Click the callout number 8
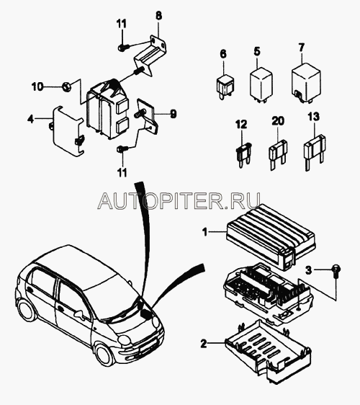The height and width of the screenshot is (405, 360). (x=158, y=16)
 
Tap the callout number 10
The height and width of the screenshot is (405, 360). (x=37, y=86)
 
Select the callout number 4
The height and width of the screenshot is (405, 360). (x=31, y=120)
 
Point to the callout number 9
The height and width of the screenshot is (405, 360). (x=173, y=114)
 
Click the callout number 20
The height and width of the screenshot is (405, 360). (x=278, y=121)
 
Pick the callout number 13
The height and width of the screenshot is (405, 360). (x=313, y=117)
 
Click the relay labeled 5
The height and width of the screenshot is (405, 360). (x=261, y=84)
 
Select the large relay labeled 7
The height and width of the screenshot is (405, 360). (x=306, y=83)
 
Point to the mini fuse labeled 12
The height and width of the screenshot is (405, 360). (x=243, y=154)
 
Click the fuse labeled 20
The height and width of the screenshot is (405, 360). (x=278, y=154)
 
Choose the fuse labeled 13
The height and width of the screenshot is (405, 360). (x=314, y=152)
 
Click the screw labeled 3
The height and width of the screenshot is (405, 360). (x=336, y=271)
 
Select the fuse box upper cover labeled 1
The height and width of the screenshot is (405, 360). (x=271, y=237)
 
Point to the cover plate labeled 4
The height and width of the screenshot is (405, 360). (x=68, y=130)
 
